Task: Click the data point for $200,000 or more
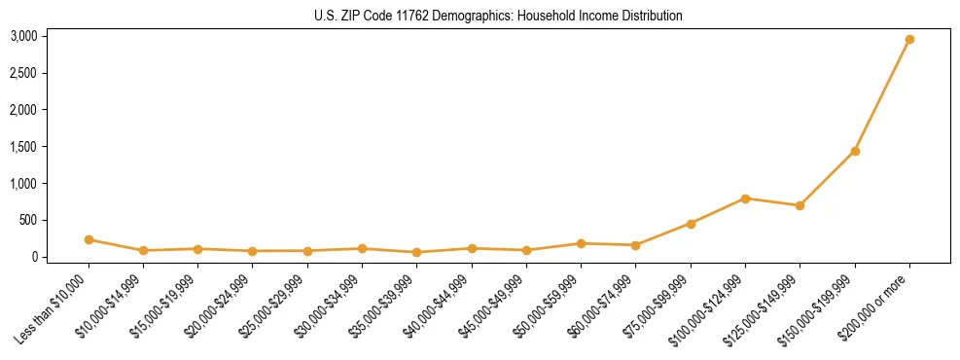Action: click(909, 40)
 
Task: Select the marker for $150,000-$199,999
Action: click(855, 151)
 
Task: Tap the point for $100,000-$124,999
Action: click(745, 198)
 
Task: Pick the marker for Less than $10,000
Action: click(89, 239)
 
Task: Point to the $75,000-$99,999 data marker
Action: click(691, 224)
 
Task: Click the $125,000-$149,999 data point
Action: click(800, 205)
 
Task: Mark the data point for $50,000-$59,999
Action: click(581, 243)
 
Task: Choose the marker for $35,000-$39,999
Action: click(416, 252)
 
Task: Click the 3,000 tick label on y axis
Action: click(24, 37)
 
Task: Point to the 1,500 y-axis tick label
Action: click(24, 147)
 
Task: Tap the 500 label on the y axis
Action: click(29, 221)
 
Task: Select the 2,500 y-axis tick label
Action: click(24, 74)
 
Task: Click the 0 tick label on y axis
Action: click(34, 257)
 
